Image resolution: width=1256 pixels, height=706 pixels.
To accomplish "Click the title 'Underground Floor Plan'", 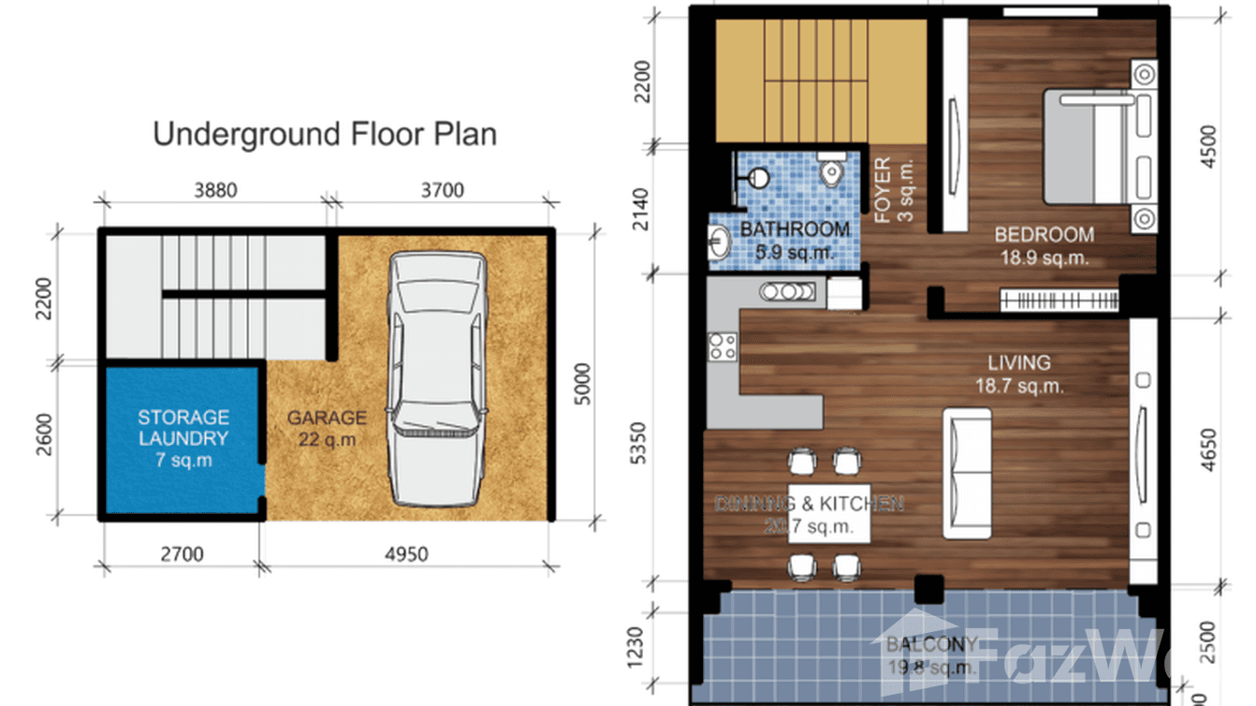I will pyautogui.click(x=324, y=134).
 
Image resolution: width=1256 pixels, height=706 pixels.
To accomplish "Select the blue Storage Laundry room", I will pyautogui.click(x=183, y=438).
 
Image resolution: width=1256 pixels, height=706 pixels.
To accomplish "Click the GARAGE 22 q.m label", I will pyautogui.click(x=327, y=429).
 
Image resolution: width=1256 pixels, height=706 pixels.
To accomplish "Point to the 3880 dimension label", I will pyautogui.click(x=214, y=190).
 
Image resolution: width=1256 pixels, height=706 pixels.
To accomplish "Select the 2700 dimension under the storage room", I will pyautogui.click(x=182, y=554).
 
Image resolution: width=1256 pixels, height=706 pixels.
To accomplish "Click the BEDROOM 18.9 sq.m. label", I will pyautogui.click(x=1043, y=245).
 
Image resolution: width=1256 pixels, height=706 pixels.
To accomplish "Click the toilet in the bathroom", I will pyautogui.click(x=830, y=170).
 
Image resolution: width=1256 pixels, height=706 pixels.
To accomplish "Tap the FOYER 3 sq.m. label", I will pyautogui.click(x=893, y=191).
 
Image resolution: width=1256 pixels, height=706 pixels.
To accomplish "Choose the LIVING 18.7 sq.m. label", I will pyautogui.click(x=1019, y=373).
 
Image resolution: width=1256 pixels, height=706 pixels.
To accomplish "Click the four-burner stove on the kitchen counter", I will pyautogui.click(x=722, y=347).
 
